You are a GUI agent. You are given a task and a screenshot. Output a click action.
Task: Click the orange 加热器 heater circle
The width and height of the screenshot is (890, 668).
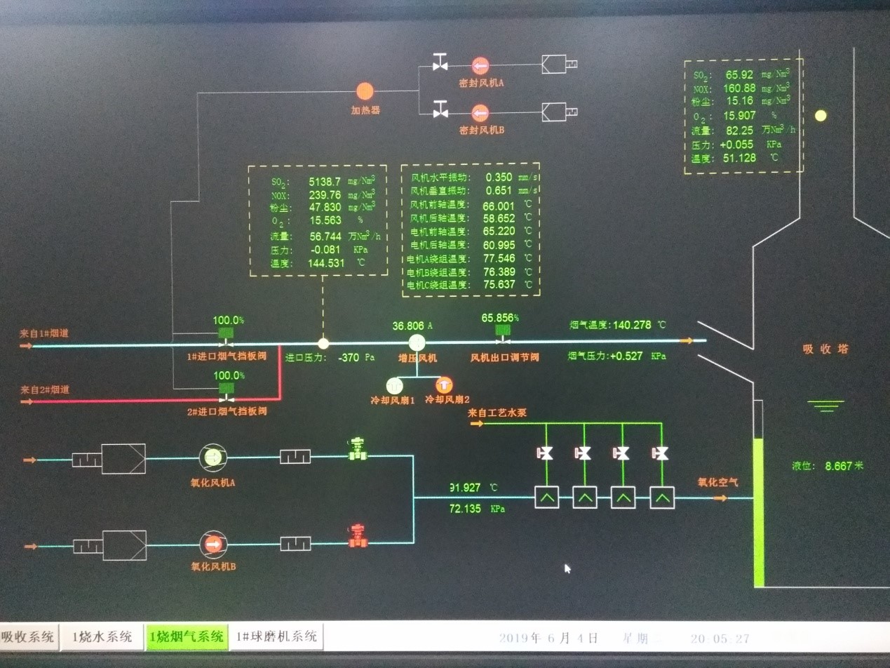click(x=365, y=91)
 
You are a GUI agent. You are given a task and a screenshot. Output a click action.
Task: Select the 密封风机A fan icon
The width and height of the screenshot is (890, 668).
click(x=480, y=66)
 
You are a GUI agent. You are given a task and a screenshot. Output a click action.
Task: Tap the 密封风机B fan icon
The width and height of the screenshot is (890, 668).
click(x=480, y=112)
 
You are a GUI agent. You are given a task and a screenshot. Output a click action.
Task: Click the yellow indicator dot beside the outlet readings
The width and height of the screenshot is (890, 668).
click(x=820, y=115)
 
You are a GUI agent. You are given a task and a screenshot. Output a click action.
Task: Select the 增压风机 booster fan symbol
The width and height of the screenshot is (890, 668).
click(x=418, y=342)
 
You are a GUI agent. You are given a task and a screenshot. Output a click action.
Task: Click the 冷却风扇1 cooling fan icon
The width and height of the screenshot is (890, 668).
click(x=393, y=385)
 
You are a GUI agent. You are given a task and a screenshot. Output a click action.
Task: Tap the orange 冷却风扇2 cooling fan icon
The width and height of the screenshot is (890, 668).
click(x=444, y=385)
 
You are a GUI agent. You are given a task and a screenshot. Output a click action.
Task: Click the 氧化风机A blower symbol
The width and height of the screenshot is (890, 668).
click(x=211, y=457)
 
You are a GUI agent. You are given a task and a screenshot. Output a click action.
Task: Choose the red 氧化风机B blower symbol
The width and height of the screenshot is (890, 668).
click(x=211, y=544)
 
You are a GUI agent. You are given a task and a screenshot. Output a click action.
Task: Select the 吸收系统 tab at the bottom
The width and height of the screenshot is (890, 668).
click(x=28, y=636)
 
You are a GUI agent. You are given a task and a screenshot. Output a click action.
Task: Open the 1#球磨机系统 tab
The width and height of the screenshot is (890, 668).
click(x=276, y=636)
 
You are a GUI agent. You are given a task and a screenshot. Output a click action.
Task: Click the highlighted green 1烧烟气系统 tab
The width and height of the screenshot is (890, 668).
click(x=187, y=636)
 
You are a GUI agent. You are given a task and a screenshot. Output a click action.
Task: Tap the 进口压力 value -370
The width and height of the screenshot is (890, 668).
click(x=349, y=357)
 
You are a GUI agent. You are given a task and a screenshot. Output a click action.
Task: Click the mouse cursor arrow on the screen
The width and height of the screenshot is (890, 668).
click(x=567, y=568)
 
